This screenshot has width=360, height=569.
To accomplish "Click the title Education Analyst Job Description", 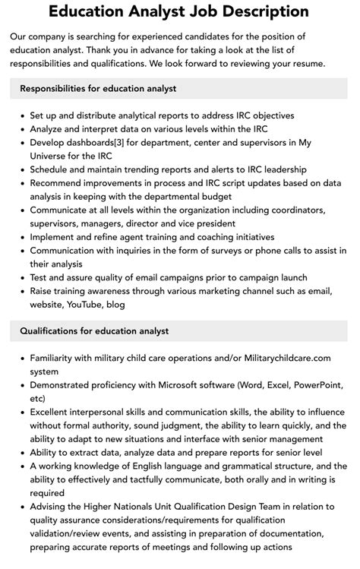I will click(179, 12).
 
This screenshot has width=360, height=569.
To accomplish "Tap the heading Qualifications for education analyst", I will click(94, 330).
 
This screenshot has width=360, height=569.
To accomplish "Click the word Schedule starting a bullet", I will click(52, 169).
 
